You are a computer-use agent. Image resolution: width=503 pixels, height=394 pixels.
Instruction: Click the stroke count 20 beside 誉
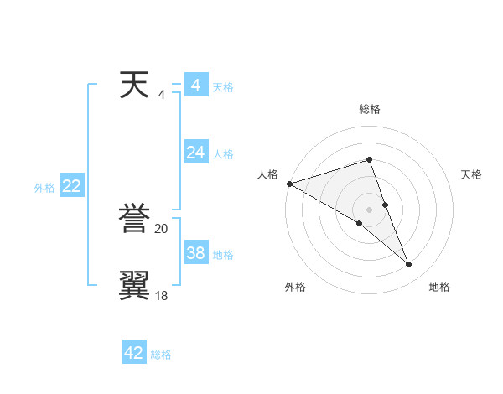click(x=162, y=228)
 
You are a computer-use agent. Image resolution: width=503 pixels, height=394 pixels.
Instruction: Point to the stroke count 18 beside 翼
click(x=162, y=295)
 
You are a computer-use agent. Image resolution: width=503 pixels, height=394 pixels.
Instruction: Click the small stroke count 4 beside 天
click(x=162, y=94)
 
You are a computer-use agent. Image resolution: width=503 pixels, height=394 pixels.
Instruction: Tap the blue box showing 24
click(x=196, y=153)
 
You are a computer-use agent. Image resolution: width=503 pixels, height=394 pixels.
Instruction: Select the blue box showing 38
click(x=196, y=253)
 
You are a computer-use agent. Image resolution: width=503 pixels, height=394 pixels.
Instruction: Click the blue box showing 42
click(x=134, y=353)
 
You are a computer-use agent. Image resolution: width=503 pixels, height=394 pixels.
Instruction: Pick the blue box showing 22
click(x=71, y=186)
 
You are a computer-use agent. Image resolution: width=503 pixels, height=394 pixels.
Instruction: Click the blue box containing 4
click(x=196, y=86)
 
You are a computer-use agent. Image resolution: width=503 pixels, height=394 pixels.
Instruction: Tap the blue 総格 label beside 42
click(x=161, y=355)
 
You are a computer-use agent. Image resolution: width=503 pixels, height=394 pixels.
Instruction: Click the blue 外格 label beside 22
click(x=44, y=188)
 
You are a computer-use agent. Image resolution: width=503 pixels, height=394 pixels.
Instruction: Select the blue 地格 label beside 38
click(x=223, y=255)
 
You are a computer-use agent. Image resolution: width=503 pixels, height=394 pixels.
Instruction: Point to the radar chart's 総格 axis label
click(x=370, y=109)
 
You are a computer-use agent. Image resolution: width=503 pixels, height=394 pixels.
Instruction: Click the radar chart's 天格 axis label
click(x=472, y=174)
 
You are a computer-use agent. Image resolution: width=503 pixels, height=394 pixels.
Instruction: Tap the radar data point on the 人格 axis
click(x=289, y=184)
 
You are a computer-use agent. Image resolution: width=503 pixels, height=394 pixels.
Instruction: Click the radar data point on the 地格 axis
click(x=409, y=265)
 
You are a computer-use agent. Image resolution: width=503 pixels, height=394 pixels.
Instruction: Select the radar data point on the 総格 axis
click(x=370, y=159)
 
